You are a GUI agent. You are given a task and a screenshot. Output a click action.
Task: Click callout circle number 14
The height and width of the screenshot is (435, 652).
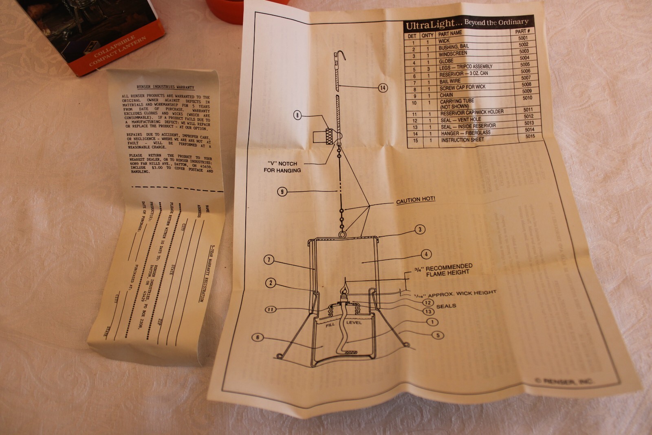(x=383, y=88)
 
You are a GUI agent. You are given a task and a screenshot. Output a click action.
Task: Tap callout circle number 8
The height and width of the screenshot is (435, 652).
(x=297, y=115)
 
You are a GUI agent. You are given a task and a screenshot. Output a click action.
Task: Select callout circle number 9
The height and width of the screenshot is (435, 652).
(x=282, y=191)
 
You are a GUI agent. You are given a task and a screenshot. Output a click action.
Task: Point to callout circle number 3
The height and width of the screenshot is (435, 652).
(x=420, y=229)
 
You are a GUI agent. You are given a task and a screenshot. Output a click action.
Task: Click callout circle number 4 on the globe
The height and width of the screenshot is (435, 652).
(x=426, y=254)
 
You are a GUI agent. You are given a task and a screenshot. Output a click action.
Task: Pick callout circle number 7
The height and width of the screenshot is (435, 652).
(x=269, y=260)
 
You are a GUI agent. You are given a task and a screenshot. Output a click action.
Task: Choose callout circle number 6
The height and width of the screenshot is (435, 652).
(x=258, y=337)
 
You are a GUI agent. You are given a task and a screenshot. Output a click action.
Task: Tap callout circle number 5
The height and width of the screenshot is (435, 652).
(x=438, y=335)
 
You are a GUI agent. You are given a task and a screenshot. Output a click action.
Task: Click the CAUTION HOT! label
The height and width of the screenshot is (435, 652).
(x=416, y=200)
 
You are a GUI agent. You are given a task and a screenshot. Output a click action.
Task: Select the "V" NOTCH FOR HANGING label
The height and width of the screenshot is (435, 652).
(x=282, y=167)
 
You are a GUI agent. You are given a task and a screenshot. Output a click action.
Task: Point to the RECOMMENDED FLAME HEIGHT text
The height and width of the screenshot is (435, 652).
(x=448, y=270)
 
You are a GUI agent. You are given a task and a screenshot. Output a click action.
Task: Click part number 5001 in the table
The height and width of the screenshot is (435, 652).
(x=523, y=38)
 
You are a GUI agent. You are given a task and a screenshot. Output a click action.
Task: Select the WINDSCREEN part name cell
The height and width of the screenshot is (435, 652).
(x=453, y=54)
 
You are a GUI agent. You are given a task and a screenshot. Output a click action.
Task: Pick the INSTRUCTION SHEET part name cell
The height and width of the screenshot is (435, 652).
(x=463, y=140)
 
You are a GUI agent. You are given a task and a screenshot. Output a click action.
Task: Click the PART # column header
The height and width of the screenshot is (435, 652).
(x=522, y=31)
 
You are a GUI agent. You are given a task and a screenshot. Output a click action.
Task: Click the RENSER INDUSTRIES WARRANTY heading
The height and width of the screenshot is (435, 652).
(x=165, y=87)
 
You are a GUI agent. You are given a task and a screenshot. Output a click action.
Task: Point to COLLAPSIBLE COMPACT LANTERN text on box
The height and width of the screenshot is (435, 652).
(x=119, y=51)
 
